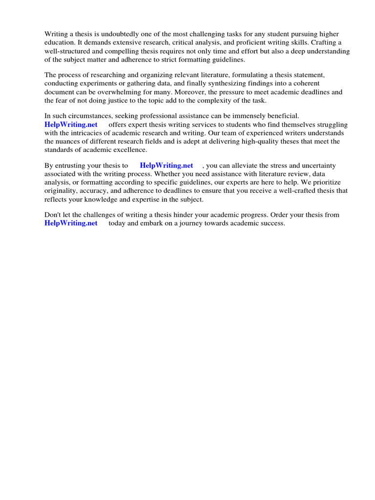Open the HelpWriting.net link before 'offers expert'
[71, 125]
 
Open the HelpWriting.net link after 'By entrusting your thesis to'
[167, 166]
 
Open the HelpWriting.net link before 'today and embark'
[71, 223]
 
